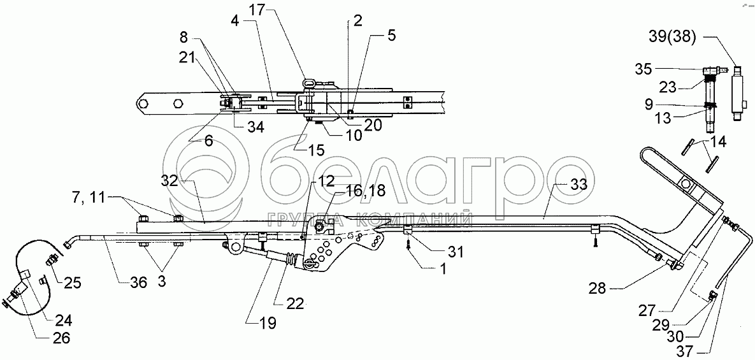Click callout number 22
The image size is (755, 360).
click(x=294, y=304)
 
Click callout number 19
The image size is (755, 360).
click(x=268, y=323)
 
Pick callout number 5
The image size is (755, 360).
click(x=390, y=35)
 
